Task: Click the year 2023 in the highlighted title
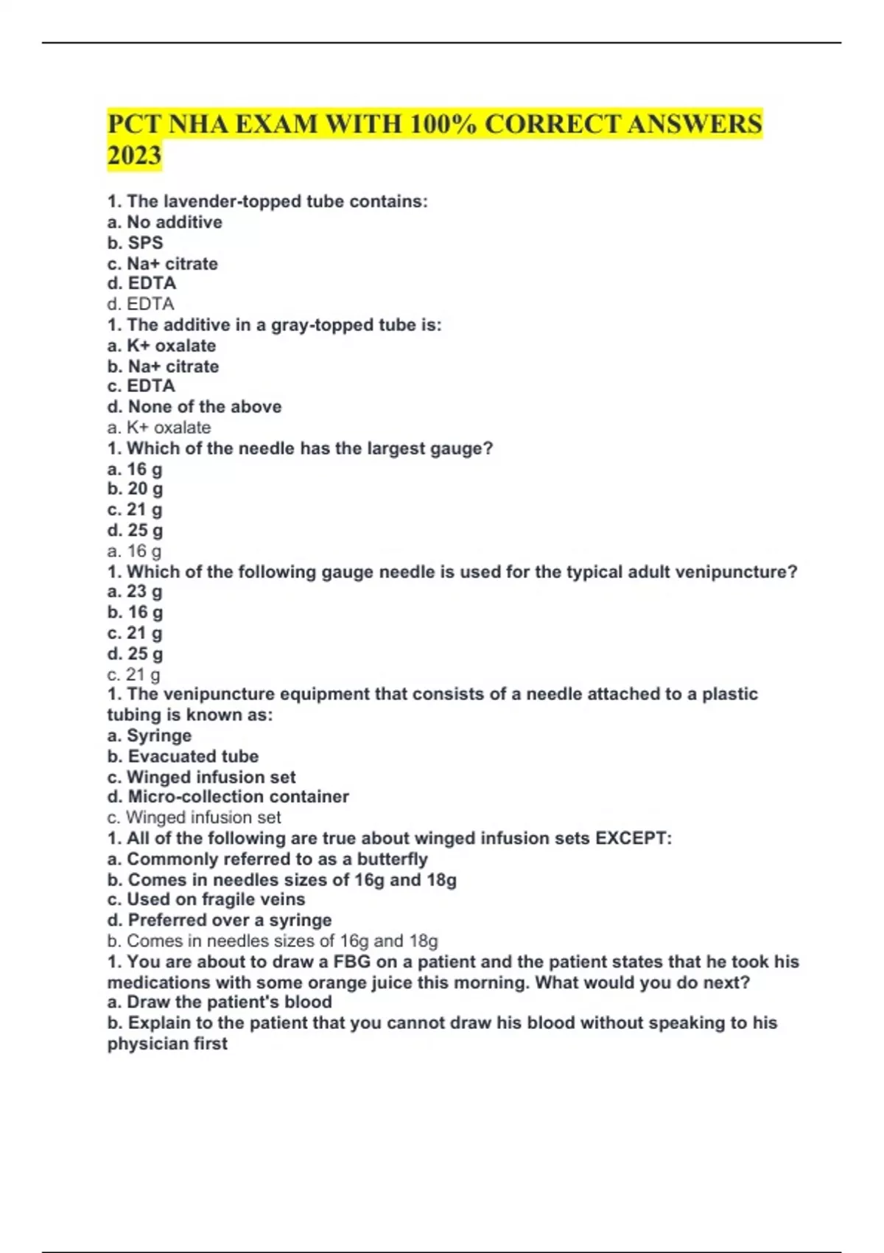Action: click(134, 156)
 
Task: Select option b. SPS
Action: click(135, 242)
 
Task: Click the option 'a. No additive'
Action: click(164, 222)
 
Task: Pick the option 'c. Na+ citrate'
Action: click(162, 263)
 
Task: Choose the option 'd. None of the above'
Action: click(194, 406)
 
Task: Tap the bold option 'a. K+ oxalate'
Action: click(161, 346)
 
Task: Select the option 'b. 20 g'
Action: click(135, 489)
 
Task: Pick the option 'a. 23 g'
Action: click(135, 591)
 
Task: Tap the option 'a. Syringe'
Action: click(149, 736)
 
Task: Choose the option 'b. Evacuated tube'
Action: click(183, 756)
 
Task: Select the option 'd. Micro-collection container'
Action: click(228, 797)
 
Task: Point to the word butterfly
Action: click(392, 859)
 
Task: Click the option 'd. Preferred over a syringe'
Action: click(219, 920)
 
